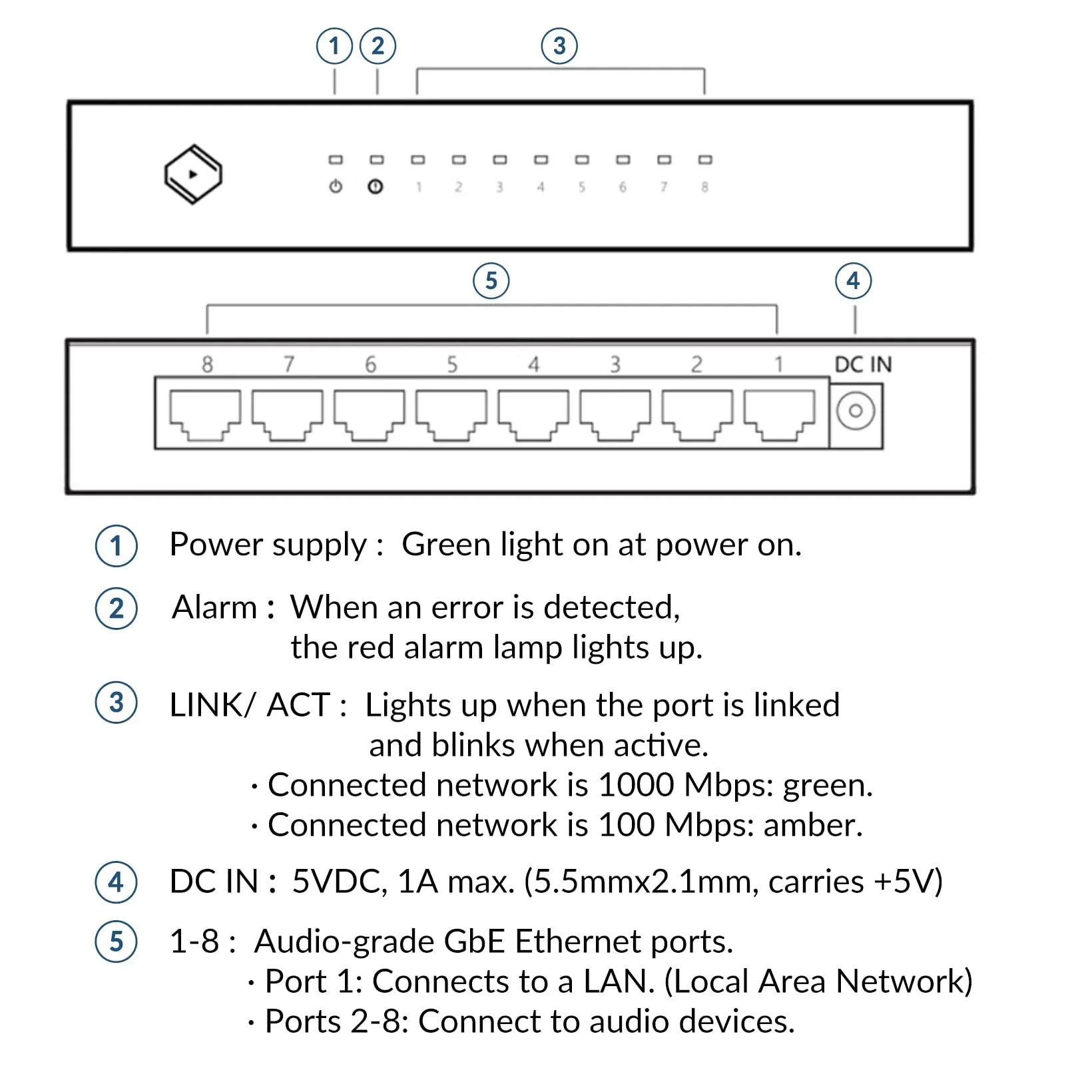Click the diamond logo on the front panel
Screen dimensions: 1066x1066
pos(193,174)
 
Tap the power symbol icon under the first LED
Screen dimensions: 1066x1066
pos(336,186)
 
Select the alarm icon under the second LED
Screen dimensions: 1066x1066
pos(376,186)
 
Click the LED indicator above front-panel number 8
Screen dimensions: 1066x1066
pos(705,160)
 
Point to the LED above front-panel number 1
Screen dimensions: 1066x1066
pos(418,160)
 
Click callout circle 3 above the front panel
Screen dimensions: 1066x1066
pos(559,46)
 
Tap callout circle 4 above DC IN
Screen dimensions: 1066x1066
pos(853,281)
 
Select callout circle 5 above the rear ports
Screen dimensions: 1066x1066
pos(491,281)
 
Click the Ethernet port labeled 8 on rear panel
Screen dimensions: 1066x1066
pos(205,414)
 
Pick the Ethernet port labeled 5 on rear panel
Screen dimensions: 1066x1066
pos(451,414)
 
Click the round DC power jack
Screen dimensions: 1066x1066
pos(856,411)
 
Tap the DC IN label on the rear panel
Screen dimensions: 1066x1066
pos(863,364)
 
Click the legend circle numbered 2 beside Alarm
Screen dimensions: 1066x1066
pos(117,609)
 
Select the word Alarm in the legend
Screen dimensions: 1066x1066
pos(214,607)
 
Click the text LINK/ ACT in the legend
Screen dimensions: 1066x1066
pos(250,705)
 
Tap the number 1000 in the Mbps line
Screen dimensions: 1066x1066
pos(636,785)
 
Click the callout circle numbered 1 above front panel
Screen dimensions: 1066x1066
pos(334,46)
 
